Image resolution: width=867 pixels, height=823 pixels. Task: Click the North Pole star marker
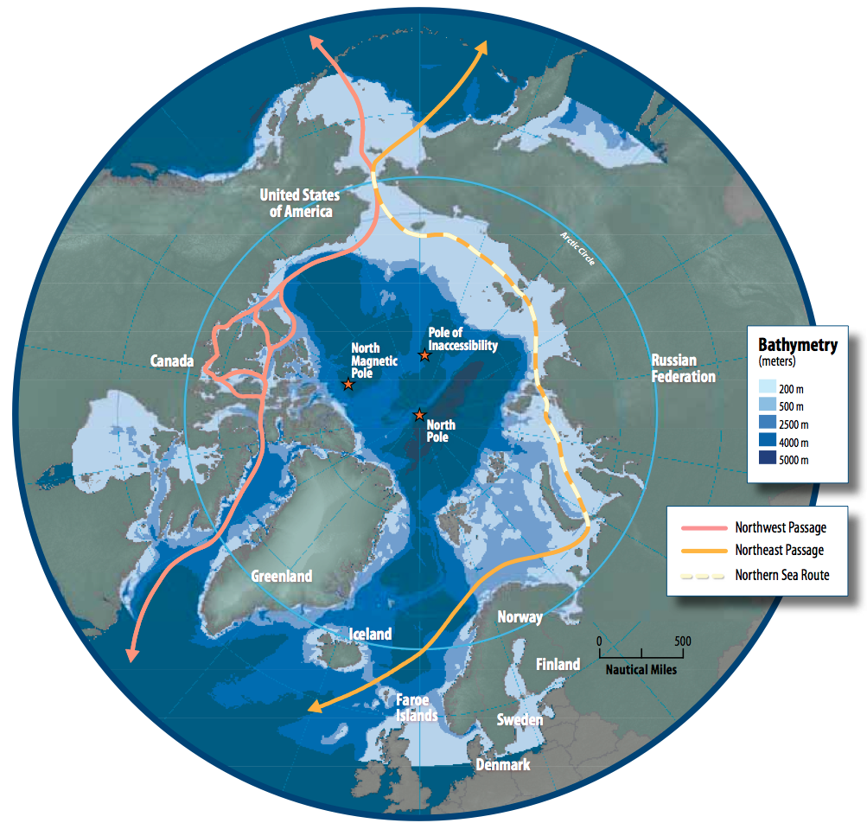tap(419, 415)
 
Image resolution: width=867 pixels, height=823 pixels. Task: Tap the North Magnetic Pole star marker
tap(348, 384)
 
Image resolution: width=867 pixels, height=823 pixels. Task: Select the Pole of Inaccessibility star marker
tap(424, 355)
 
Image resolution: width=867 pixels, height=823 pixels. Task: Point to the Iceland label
tap(370, 634)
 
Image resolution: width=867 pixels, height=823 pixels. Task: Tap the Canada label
tap(172, 360)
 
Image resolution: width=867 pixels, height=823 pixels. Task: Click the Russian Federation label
tap(683, 368)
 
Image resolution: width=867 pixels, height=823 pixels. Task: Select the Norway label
tap(520, 617)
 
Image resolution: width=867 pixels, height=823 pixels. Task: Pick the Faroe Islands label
tap(417, 707)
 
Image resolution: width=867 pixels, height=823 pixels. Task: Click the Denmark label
tap(503, 764)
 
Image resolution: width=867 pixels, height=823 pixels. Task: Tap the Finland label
tap(558, 664)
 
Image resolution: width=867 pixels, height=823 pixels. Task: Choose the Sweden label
tap(520, 719)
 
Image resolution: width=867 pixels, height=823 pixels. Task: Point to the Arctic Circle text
tap(577, 248)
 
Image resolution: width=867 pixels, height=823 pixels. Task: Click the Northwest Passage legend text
tap(781, 527)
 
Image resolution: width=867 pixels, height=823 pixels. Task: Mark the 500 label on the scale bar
tap(682, 641)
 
